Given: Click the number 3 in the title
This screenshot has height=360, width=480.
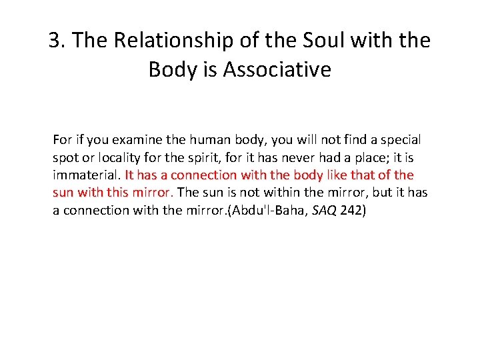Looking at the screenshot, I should pyautogui.click(x=55, y=41).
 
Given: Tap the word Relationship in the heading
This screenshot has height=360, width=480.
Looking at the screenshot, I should pyautogui.click(x=171, y=41).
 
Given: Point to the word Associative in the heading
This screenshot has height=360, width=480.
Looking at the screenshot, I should pyautogui.click(x=277, y=69).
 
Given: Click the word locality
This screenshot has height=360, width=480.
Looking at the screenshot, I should pyautogui.click(x=118, y=157).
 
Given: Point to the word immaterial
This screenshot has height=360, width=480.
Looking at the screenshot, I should pyautogui.click(x=87, y=175).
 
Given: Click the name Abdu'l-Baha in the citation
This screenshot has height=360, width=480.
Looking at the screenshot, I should pyautogui.click(x=262, y=209).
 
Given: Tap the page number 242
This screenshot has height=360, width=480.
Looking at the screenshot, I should pyautogui.click(x=352, y=209).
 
